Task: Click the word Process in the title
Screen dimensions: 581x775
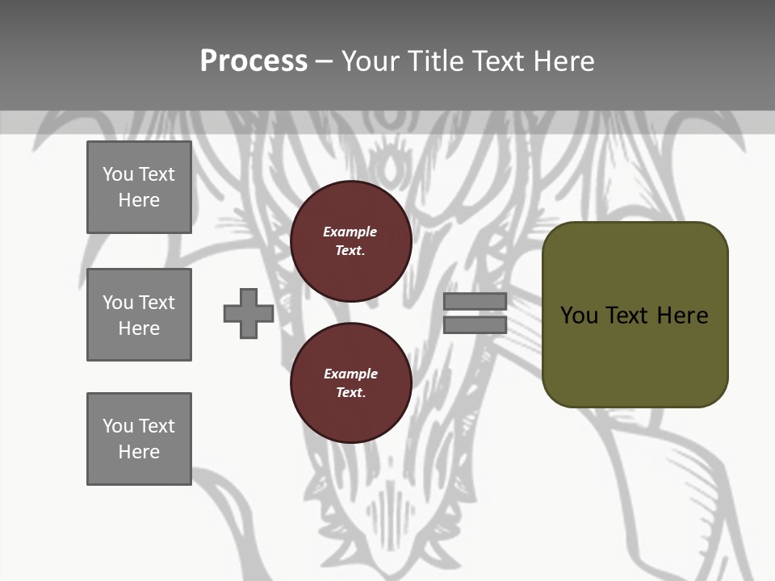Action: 253,61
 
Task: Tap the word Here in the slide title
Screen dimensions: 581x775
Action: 563,61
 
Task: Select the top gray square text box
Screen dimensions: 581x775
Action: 139,187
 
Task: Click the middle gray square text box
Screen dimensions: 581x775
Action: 139,315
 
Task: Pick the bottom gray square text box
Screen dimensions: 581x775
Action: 139,439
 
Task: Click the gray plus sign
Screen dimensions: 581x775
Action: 249,313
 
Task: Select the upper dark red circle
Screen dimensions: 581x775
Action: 351,241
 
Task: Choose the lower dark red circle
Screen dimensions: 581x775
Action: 351,383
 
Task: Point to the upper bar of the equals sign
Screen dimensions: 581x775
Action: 475,302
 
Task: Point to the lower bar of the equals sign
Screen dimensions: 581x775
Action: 475,324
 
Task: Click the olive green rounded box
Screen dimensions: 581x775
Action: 635,315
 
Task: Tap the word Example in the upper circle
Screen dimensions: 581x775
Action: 350,232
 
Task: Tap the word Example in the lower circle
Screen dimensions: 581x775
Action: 350,374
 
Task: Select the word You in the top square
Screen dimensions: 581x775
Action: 118,174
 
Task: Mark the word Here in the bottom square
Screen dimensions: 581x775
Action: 139,452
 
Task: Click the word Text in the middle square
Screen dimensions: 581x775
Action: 156,303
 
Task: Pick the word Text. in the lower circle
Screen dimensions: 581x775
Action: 351,393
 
